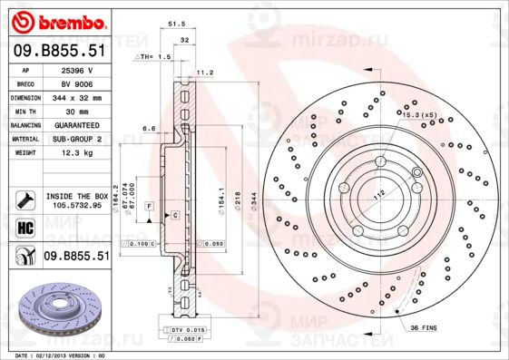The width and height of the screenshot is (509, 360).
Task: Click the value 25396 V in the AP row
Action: pyautogui.click(x=76, y=70)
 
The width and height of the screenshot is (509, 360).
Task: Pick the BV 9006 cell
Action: pyautogui.click(x=76, y=83)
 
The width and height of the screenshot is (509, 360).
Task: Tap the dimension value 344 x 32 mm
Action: pyautogui.click(x=76, y=96)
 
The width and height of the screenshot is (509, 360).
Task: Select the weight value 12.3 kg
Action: pyautogui.click(x=76, y=153)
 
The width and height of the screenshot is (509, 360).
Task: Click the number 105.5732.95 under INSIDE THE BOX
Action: pyautogui.click(x=75, y=205)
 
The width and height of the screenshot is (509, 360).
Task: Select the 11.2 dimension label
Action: pyautogui.click(x=204, y=72)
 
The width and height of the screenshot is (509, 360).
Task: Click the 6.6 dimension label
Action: pyautogui.click(x=150, y=129)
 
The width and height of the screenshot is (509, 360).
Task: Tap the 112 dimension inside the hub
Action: pyautogui.click(x=378, y=193)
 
